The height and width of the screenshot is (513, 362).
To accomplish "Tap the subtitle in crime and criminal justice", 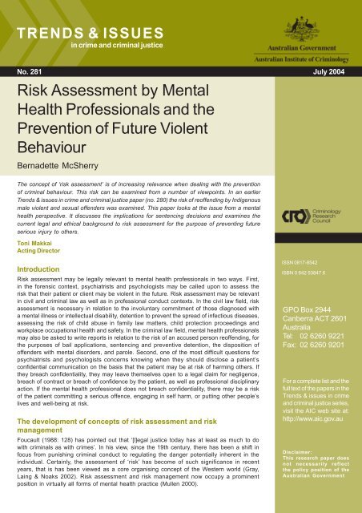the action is click(117, 46).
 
